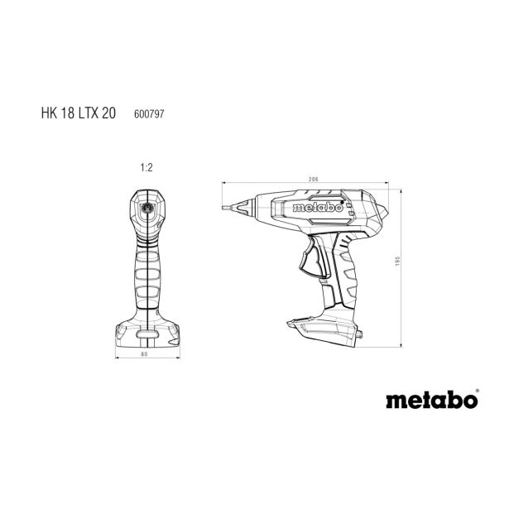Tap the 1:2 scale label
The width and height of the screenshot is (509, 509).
[146, 168]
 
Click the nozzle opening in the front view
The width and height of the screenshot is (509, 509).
[146, 209]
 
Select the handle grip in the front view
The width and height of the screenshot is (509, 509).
[146, 273]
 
